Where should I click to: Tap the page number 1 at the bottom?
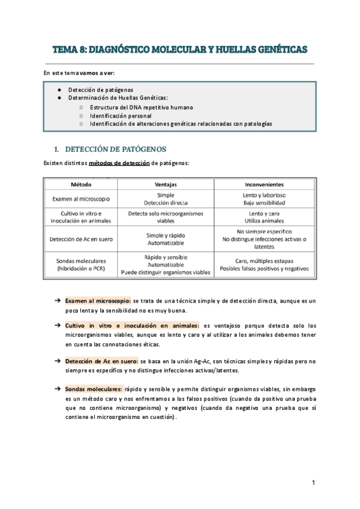click(x=313, y=483)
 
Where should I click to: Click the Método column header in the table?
click(x=81, y=184)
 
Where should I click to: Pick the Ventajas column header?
click(x=166, y=184)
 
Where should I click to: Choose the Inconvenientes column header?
click(x=264, y=184)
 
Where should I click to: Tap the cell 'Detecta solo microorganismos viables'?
click(x=166, y=217)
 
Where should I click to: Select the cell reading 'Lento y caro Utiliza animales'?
click(x=264, y=217)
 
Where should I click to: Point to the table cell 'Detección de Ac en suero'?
click(x=81, y=239)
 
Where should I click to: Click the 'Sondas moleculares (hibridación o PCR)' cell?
click(x=81, y=264)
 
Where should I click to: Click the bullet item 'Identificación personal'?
click(x=121, y=115)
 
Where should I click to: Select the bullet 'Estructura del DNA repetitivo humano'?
click(x=142, y=107)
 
